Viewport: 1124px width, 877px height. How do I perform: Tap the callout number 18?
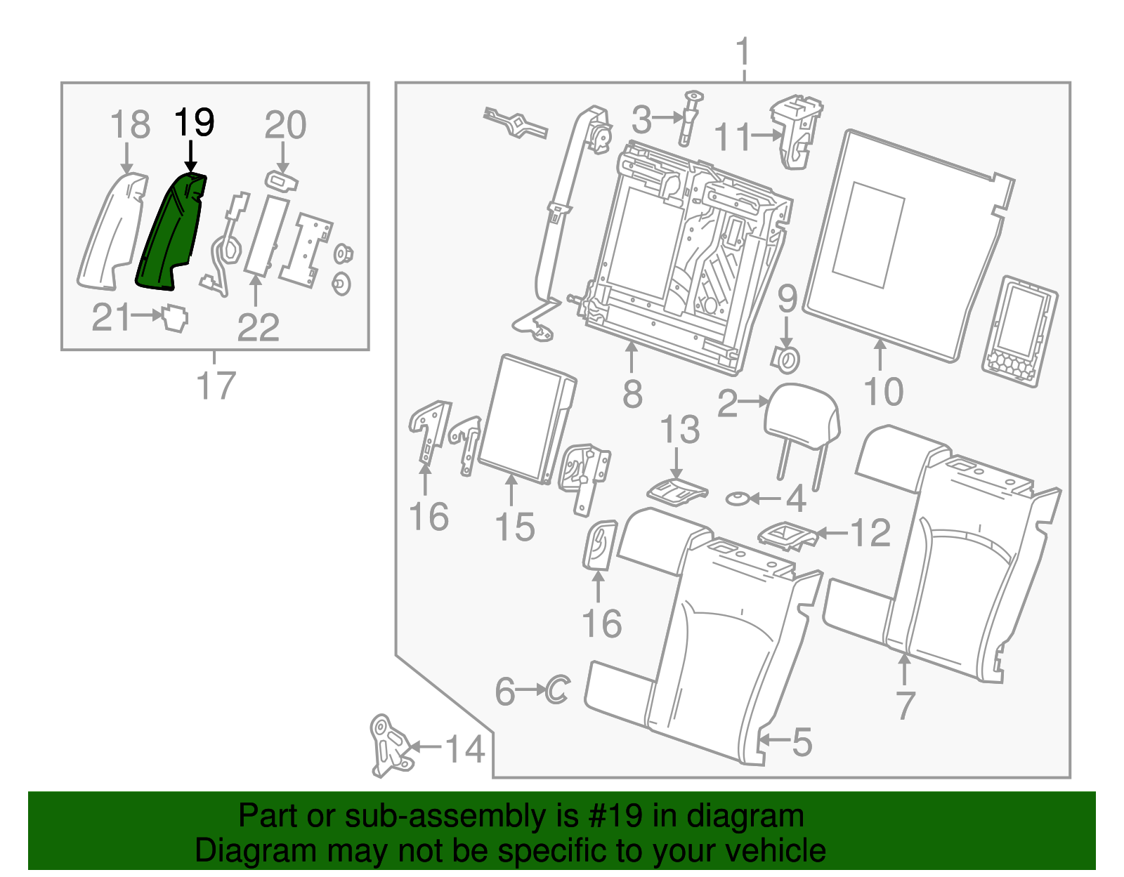coord(130,124)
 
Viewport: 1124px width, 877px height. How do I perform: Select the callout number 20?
coord(285,124)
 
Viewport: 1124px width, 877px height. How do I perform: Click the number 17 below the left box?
coord(216,385)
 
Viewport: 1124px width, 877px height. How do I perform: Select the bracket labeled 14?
coord(391,746)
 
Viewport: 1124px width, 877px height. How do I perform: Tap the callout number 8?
coord(632,394)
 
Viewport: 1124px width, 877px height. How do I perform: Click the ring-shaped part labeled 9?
coord(785,360)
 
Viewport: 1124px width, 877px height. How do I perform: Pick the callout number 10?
coord(884,391)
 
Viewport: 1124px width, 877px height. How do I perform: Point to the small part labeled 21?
coord(176,319)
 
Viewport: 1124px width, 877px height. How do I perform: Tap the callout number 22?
coord(258,327)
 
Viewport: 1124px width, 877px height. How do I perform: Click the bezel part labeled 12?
coord(788,536)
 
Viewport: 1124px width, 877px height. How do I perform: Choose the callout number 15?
coord(515,527)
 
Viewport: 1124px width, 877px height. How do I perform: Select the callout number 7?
coord(905,704)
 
